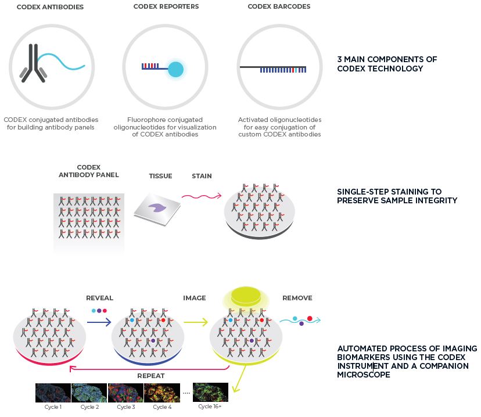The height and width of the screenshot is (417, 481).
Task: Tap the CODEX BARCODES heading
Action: [x=279, y=7]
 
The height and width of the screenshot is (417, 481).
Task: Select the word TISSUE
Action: [x=160, y=176]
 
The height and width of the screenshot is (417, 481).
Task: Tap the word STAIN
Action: [x=202, y=176]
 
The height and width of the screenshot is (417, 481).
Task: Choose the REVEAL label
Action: [x=99, y=298]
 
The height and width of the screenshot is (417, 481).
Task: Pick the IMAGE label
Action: [x=195, y=298]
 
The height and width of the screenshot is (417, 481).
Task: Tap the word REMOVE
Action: [x=297, y=298]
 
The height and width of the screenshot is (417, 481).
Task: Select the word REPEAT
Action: [x=150, y=376]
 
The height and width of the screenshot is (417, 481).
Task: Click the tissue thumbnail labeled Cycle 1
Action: [x=53, y=393]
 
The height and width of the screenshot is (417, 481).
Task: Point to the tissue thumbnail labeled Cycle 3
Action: [x=124, y=393]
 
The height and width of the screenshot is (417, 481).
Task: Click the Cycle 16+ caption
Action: [x=210, y=407]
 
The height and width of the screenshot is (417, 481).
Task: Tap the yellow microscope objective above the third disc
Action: [x=247, y=299]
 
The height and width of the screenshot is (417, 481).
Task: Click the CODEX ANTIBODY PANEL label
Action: [x=89, y=171]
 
